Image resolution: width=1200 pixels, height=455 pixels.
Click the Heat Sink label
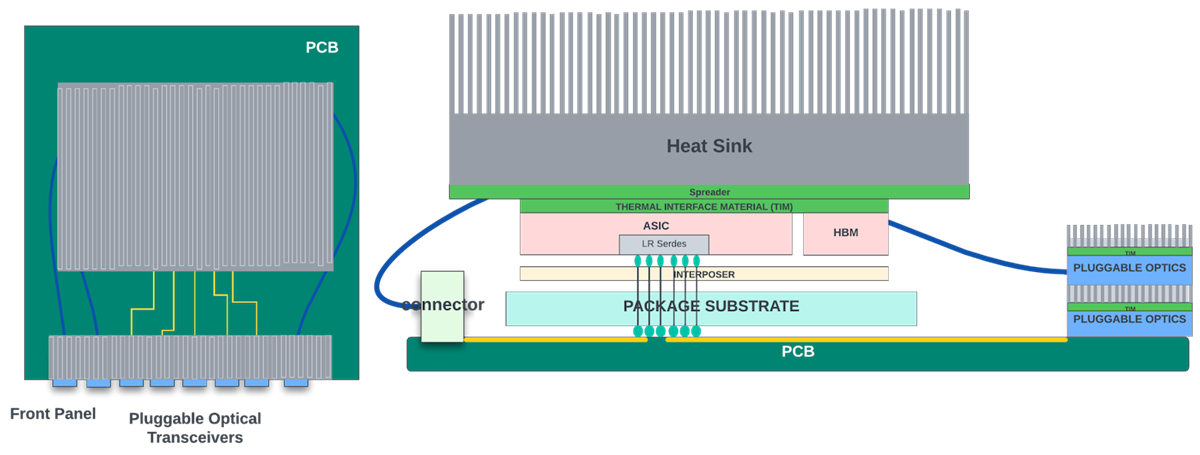[x=709, y=146]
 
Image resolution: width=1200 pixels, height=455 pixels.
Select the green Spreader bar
[x=709, y=192]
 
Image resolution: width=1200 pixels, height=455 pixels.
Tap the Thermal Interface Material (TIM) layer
[x=703, y=206]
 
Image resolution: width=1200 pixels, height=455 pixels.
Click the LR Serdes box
[x=663, y=244]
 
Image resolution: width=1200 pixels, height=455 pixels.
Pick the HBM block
[x=845, y=233]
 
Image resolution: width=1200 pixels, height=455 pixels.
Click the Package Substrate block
[x=711, y=307]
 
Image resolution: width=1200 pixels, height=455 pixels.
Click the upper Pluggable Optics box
[x=1129, y=268]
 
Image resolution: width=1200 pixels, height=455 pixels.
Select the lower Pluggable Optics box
[x=1129, y=320]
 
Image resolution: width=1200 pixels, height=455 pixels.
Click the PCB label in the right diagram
[x=798, y=352]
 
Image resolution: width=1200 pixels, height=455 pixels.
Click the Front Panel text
[x=52, y=414]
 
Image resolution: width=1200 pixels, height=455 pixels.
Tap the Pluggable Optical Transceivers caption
[x=195, y=428]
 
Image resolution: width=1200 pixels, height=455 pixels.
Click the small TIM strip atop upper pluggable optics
[x=1129, y=252]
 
